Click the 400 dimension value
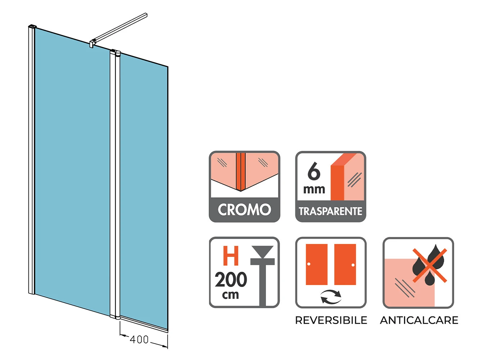tap(139, 339)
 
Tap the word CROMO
tap(244, 210)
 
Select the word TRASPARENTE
tap(330, 211)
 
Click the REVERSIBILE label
tap(331, 320)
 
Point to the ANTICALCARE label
tap(419, 320)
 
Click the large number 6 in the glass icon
tap(314, 171)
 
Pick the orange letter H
tap(231, 256)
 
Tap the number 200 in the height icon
tap(231, 280)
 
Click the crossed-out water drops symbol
tap(429, 265)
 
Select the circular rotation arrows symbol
tap(331, 297)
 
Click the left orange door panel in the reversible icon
tap(317, 264)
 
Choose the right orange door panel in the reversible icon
tap(345, 264)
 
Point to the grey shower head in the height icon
tap(263, 252)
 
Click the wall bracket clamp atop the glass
tap(92, 43)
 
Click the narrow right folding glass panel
tap(143, 191)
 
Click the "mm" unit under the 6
tap(314, 189)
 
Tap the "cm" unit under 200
tap(231, 295)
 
